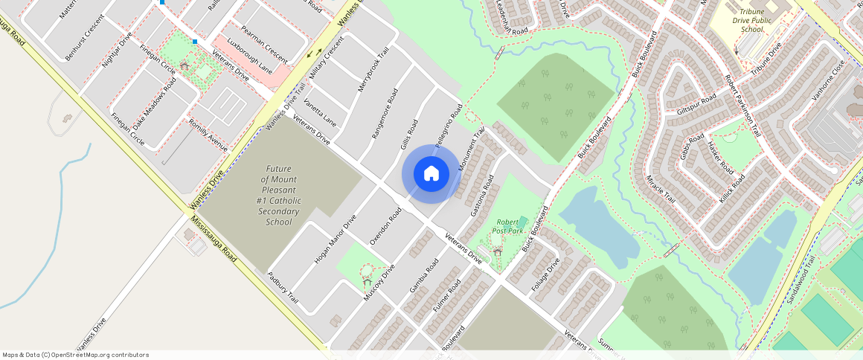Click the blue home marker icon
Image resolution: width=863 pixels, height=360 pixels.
tap(431, 174)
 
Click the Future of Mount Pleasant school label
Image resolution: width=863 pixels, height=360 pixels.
tap(279, 195)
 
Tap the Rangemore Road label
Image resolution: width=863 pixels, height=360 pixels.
tap(385, 114)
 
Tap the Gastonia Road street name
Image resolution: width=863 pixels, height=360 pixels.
tap(482, 196)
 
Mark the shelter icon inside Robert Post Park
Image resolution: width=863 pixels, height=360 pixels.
tap(497, 251)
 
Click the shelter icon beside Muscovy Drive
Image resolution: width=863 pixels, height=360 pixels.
tap(367, 281)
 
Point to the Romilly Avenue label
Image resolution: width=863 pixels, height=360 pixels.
tap(208, 135)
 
